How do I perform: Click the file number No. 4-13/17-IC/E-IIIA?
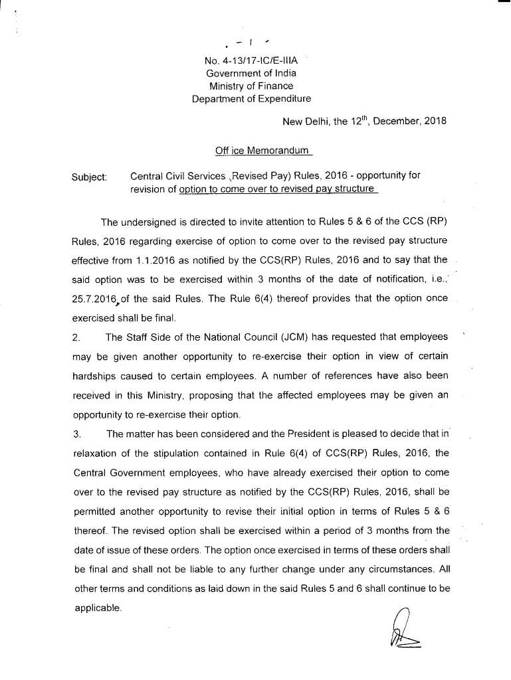pyautogui.click(x=251, y=60)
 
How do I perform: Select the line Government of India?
pyautogui.click(x=251, y=73)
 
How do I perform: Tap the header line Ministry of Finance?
pyautogui.click(x=251, y=86)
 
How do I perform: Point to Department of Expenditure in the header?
pyautogui.click(x=251, y=99)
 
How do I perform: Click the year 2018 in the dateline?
pyautogui.click(x=433, y=121)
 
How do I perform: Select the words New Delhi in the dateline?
pyautogui.click(x=304, y=121)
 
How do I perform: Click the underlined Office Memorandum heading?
pyautogui.click(x=262, y=151)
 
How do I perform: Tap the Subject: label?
pyautogui.click(x=89, y=177)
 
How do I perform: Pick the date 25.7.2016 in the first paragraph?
pyautogui.click(x=94, y=299)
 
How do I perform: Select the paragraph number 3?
pyautogui.click(x=76, y=435)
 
